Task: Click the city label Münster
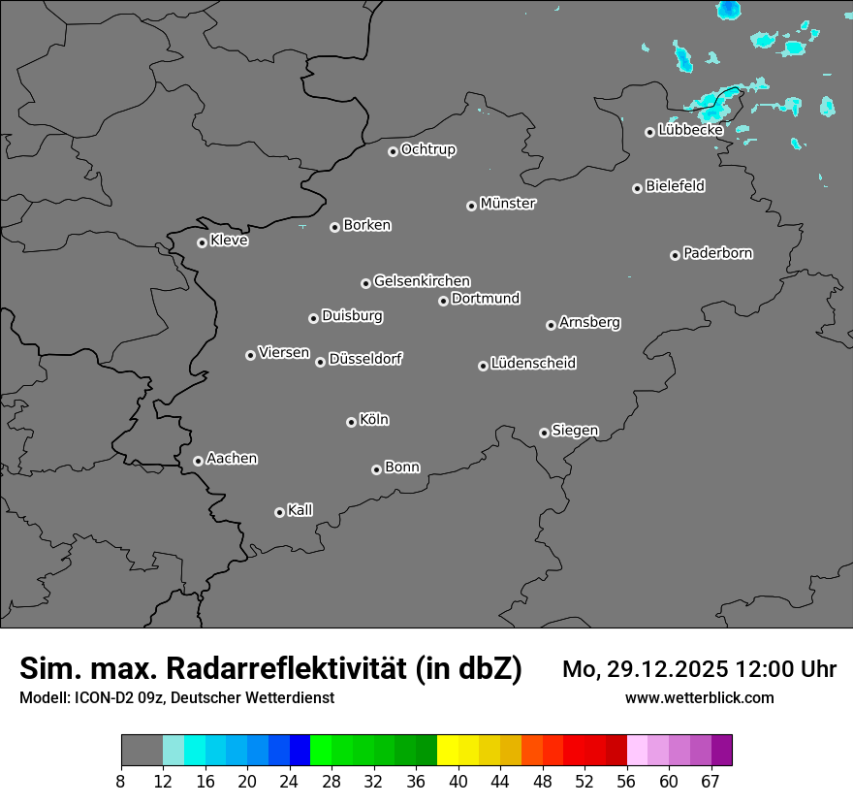pos(508,204)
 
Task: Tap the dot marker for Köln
pos(351,422)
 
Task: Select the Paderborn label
pos(718,253)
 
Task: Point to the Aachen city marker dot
pos(198,461)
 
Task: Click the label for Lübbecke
pos(690,130)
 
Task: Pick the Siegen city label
pos(575,431)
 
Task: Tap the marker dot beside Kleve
pos(202,242)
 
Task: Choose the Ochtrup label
pos(428,149)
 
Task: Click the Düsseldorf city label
pos(365,359)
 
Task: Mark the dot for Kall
pos(279,512)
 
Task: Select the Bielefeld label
pos(676,185)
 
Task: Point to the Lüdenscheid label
pos(534,364)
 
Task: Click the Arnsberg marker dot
pos(551,325)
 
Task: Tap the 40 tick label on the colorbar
pos(458,782)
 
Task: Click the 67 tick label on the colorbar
pos(711,782)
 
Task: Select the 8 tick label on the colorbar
pos(121,782)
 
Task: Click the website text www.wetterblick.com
pos(699,698)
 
